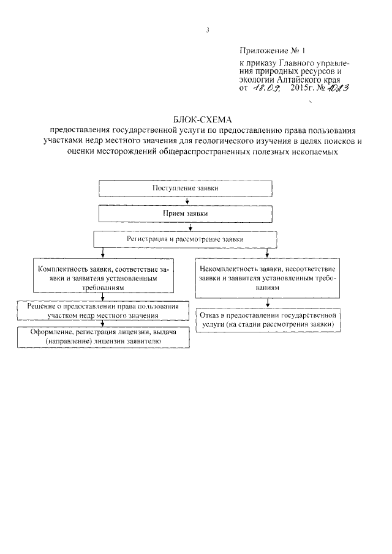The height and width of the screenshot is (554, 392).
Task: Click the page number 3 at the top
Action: (208, 30)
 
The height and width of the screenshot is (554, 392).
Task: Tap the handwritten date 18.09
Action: (266, 89)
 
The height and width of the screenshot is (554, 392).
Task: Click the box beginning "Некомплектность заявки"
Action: (268, 277)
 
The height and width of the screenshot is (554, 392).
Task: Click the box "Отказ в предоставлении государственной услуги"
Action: (267, 320)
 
